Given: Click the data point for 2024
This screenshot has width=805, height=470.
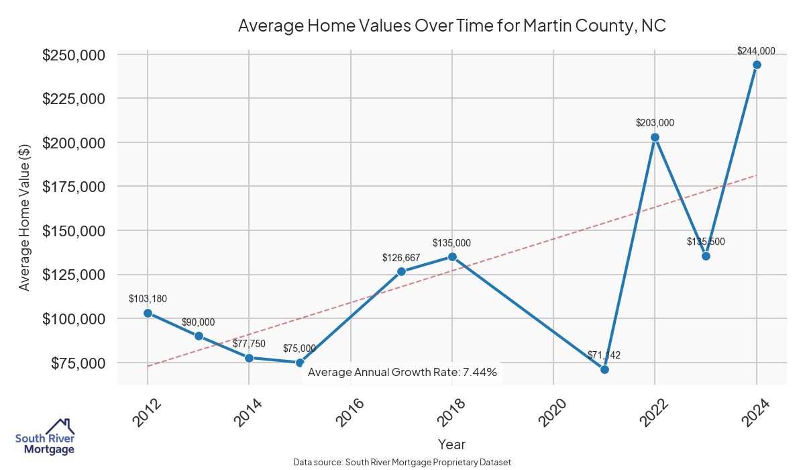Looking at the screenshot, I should (757, 65).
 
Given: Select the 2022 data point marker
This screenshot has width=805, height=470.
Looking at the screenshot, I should (655, 138).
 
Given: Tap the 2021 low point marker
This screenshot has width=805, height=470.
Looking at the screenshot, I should (604, 369).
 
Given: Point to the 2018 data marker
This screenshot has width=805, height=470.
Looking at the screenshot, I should (452, 256).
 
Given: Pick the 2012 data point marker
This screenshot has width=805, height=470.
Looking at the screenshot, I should (148, 313).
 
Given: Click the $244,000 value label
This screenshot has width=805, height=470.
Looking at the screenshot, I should (756, 50).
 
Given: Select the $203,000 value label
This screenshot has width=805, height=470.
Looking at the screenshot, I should (655, 123).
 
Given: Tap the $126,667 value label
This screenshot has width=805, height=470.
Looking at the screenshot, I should (401, 257).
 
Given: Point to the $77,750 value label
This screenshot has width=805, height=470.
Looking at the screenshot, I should (249, 344).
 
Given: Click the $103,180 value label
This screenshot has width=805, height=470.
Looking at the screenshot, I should (148, 298).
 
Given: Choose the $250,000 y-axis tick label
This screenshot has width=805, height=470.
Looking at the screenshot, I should (74, 54).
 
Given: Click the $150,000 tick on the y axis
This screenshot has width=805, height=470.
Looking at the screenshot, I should (74, 230).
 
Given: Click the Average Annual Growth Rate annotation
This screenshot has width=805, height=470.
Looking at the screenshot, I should (402, 372).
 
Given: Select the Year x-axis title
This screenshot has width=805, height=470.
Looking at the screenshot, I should (451, 444).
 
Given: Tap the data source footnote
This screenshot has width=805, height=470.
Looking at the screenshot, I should (402, 462).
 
